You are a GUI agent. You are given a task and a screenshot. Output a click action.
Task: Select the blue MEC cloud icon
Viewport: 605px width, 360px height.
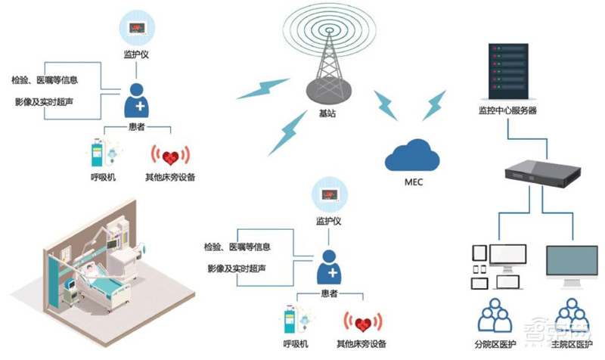pyautogui.click(x=412, y=154)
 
